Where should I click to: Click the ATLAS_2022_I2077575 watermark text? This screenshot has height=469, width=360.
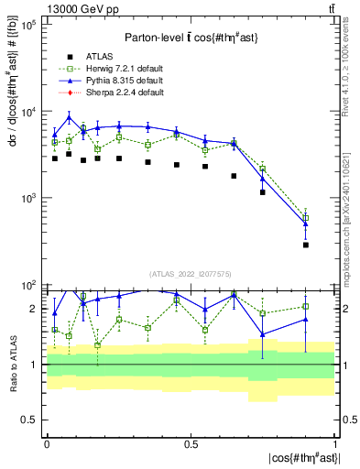pos(190,274)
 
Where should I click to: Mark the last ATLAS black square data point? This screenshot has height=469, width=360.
pos(306,245)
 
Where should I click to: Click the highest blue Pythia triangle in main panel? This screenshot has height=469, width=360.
pos(69,117)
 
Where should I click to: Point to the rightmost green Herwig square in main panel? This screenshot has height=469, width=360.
pos(306,218)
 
